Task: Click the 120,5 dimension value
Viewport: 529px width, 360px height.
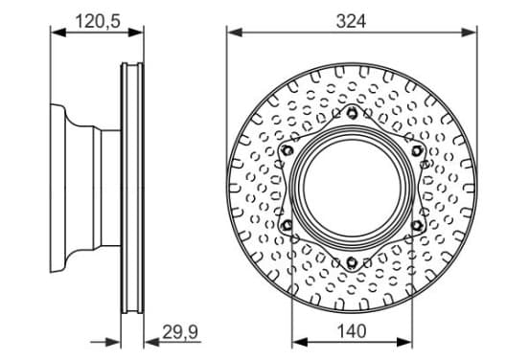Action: pos(98,22)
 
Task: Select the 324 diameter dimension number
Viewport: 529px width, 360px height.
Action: pos(351,22)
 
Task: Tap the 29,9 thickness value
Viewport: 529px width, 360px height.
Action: pos(180,332)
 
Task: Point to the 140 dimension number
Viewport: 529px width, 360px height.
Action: pos(352,331)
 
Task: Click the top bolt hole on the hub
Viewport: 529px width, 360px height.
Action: pos(352,112)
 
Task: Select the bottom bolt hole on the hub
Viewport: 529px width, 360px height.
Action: pos(352,261)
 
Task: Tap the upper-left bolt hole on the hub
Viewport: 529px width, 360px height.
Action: pos(287,150)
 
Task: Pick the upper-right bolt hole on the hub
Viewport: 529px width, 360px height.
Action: pos(417,150)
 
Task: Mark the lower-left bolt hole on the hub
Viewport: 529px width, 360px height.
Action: pos(287,224)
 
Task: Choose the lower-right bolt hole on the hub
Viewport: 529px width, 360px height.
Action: pos(417,225)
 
